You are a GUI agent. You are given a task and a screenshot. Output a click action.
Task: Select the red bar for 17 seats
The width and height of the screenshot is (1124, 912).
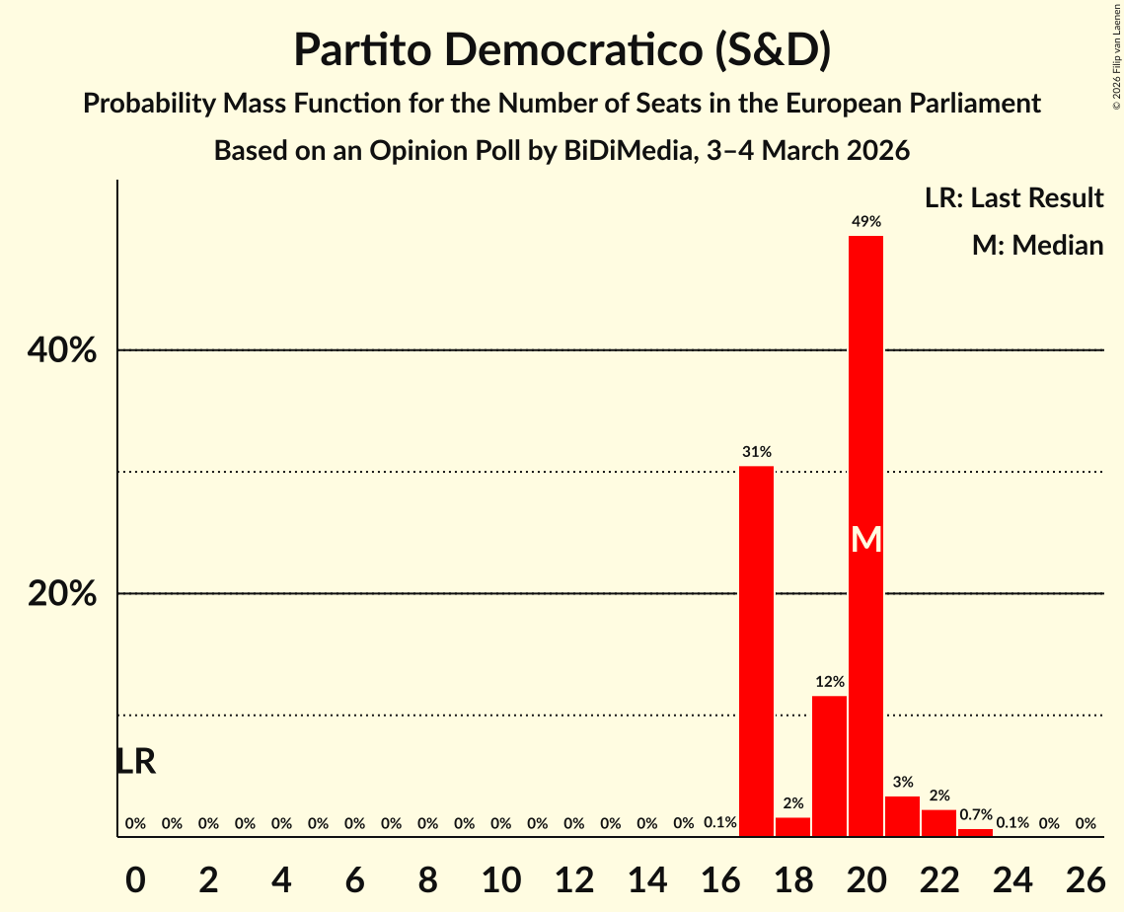coord(757,651)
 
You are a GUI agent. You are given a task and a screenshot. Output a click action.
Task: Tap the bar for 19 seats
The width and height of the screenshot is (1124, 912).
coord(829,766)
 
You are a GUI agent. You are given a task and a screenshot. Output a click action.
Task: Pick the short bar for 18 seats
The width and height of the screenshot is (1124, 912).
coord(792,827)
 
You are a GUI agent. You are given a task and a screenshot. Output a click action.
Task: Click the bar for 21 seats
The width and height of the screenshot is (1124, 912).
coord(902,816)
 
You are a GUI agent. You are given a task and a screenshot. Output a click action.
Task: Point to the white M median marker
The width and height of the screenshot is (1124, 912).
coord(865,539)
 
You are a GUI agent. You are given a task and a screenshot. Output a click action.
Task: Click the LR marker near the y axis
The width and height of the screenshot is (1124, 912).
coord(135,761)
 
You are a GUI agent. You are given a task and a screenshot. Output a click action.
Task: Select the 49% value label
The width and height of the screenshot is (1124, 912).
coord(865,222)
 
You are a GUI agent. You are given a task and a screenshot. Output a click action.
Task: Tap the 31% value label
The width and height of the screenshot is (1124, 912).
coord(757,452)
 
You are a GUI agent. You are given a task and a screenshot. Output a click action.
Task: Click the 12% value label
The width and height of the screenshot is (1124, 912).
coord(829,682)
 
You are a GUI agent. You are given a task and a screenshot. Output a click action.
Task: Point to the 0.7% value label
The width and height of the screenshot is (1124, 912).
coord(975,814)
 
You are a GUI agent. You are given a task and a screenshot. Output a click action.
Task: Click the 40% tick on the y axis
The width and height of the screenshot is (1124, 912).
coord(67,350)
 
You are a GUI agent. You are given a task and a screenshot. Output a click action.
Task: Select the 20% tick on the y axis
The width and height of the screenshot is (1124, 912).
coord(67,594)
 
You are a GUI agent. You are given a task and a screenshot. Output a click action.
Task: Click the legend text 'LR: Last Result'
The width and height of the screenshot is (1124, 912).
coord(1013,198)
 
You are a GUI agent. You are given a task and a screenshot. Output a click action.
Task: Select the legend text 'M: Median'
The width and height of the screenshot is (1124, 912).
coord(1037,245)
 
